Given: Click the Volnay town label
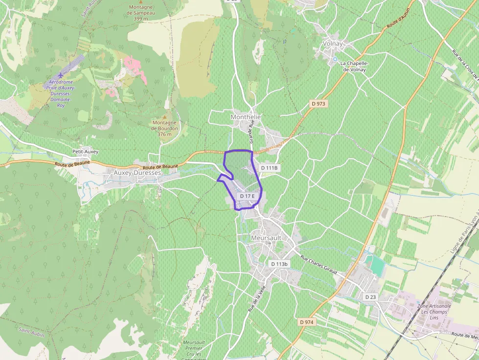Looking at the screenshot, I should coord(333,44).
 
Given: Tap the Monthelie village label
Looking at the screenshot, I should coord(245,117).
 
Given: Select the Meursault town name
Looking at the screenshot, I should coord(266,238).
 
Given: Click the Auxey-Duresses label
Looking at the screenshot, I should coord(137,173).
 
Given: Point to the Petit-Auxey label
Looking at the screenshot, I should coord(85,152).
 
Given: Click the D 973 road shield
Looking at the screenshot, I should coord(318,104).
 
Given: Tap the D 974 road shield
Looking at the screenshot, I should coord(306,322).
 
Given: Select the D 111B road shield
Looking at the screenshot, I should coord(269,168).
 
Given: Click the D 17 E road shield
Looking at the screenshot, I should coord(247,196).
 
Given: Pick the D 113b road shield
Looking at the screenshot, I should coord(280,264).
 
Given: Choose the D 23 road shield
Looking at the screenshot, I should coord(370,297).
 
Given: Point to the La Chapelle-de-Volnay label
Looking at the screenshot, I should coord(355,66).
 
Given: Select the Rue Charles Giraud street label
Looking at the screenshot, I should coord(318,265).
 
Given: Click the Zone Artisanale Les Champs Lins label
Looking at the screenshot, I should coord(434,312).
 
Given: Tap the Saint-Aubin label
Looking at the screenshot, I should coord(31,332).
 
